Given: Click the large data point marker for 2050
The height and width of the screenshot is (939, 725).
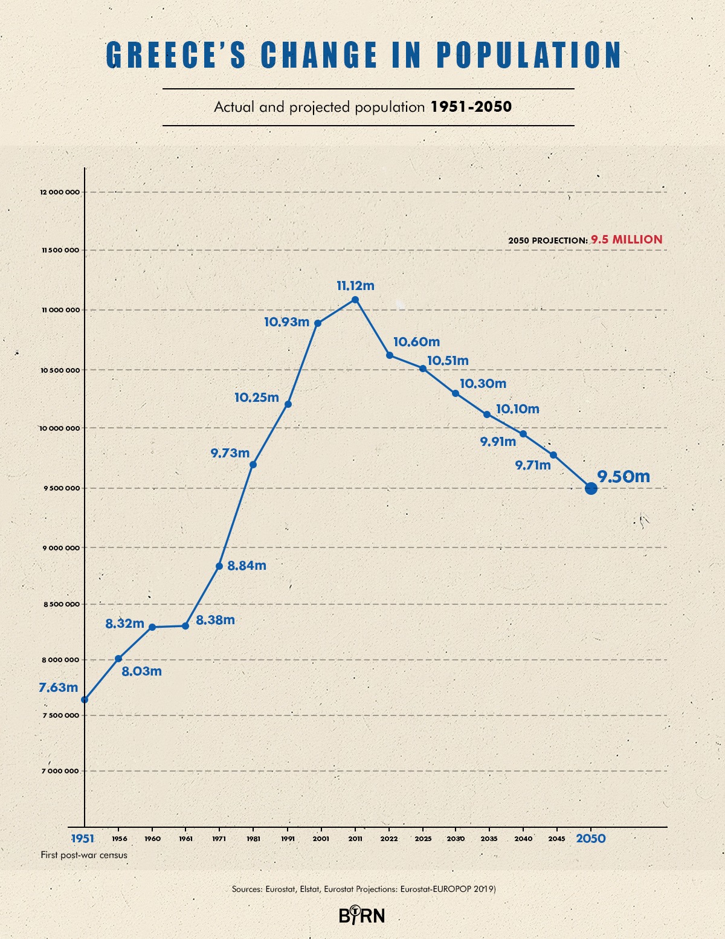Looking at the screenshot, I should (x=591, y=488).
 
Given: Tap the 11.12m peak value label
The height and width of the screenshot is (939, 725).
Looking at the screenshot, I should (x=355, y=286).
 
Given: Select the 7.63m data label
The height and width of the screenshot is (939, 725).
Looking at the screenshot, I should (x=59, y=688).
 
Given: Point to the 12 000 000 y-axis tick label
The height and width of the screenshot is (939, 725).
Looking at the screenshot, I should (x=60, y=192).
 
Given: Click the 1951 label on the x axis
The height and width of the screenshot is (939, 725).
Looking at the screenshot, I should (x=83, y=839).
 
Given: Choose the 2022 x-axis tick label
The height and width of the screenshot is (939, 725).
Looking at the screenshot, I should (x=389, y=839).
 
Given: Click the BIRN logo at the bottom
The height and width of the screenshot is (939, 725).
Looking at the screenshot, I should (x=361, y=915).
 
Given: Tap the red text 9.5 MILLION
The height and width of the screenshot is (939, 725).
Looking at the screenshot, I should (x=627, y=240).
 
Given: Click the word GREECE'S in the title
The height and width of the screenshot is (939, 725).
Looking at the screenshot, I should (x=176, y=56).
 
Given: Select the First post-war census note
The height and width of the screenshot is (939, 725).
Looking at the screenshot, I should (x=84, y=855).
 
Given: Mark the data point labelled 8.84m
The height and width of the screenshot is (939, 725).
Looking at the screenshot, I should (x=219, y=566).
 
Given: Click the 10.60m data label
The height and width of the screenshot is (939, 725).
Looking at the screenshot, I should (x=416, y=342).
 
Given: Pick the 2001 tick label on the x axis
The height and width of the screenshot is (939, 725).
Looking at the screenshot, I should (x=321, y=839).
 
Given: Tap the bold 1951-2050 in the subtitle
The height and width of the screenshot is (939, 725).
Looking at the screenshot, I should (x=471, y=107).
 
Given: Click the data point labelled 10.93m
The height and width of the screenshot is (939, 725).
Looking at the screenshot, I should (x=318, y=323).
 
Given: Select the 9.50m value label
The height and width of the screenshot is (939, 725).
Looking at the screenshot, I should (x=623, y=477).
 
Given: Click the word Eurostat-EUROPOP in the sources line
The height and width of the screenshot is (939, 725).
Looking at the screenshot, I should (x=435, y=889).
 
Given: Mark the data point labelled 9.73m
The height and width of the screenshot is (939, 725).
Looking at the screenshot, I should (x=253, y=465).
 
